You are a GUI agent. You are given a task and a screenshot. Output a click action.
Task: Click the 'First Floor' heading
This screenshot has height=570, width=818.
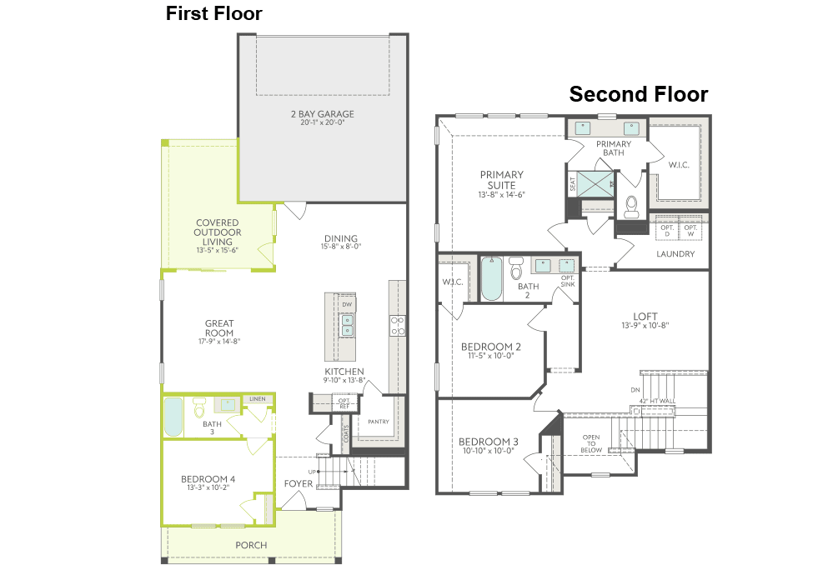[213, 13]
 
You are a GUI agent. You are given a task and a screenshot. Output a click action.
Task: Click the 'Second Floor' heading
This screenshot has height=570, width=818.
[638, 94]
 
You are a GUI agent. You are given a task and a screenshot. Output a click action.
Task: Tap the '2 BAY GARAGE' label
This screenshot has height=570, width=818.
[322, 113]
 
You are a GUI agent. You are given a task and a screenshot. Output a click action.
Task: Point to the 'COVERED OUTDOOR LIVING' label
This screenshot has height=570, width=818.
[218, 232]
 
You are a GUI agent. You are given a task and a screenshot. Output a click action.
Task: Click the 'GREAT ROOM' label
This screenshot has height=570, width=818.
[219, 328]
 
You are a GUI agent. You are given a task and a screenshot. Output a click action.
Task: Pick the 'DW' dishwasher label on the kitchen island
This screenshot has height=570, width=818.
[347, 305]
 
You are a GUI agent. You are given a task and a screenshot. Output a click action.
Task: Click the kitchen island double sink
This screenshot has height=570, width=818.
[347, 324]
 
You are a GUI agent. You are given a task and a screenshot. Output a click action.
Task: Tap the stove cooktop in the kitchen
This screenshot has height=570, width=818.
[397, 325]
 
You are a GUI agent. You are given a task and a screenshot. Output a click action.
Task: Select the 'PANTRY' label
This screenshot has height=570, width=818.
[379, 422]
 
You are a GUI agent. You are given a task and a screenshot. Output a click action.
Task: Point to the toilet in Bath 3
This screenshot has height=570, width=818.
[199, 407]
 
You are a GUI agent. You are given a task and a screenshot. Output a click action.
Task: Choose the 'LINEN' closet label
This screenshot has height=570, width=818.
[258, 399]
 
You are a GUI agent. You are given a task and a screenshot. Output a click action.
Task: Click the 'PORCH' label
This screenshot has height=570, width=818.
[251, 545]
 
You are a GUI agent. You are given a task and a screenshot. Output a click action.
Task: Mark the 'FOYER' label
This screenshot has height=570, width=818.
[298, 483]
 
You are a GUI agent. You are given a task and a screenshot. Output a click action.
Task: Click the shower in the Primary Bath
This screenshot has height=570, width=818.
[596, 183]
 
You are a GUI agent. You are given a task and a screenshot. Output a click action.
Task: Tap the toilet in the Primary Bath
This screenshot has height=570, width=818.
[630, 203]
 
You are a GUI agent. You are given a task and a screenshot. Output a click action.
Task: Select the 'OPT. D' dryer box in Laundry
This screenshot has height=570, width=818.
[666, 229]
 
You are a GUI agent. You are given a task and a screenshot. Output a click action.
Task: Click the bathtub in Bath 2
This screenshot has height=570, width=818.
[492, 278]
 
